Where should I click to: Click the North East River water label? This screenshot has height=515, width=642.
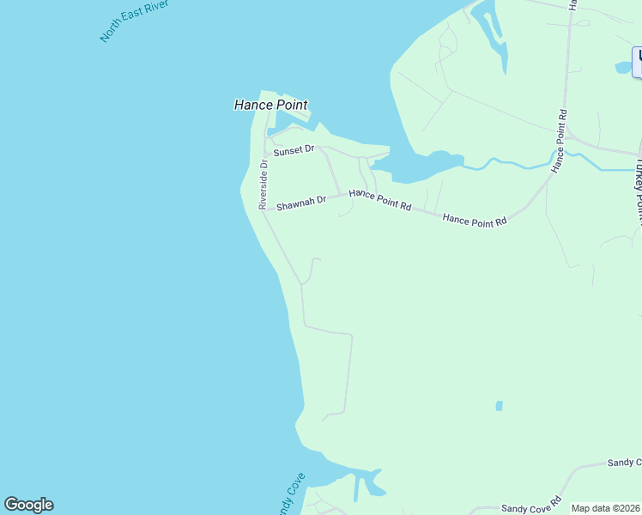134,21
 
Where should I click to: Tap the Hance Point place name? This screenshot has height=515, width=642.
270,105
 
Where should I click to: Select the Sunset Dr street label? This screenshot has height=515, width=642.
294,150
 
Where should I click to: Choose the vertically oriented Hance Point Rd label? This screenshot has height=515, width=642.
560,140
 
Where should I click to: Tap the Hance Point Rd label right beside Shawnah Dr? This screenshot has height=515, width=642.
380,201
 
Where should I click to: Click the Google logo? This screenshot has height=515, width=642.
28,505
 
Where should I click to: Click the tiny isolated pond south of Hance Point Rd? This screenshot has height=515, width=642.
499,405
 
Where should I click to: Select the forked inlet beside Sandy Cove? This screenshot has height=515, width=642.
364,481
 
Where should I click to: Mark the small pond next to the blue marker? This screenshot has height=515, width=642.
624,67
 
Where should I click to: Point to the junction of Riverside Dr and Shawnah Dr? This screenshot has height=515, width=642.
263,209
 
